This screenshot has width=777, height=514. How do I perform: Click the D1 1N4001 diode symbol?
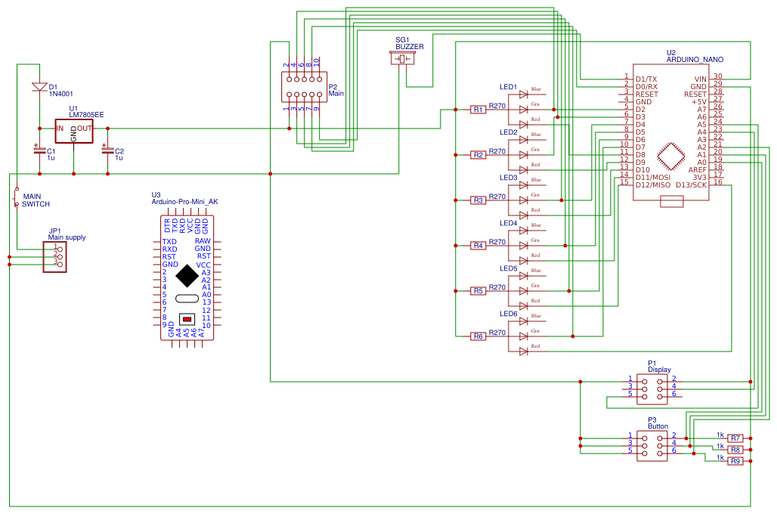point(39,87)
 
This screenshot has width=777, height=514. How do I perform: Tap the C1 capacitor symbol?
point(39,150)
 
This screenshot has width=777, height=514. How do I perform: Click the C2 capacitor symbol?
point(107,150)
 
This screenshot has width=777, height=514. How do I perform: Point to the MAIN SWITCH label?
point(36,200)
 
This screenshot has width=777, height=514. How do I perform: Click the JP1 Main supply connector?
point(55,257)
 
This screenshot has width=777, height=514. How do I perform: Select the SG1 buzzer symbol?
point(402,58)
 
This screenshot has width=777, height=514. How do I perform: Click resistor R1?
point(478,110)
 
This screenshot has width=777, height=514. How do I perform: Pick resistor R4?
point(478,246)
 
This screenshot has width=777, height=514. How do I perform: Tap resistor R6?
point(478,336)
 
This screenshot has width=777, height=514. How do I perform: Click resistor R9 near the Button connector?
point(735,460)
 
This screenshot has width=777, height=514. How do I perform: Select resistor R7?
point(735,438)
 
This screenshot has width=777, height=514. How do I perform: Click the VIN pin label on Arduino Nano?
point(700,79)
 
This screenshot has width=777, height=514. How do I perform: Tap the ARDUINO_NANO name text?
point(695,59)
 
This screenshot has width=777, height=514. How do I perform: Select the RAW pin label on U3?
point(203,241)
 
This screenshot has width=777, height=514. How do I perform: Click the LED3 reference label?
point(508,178)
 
